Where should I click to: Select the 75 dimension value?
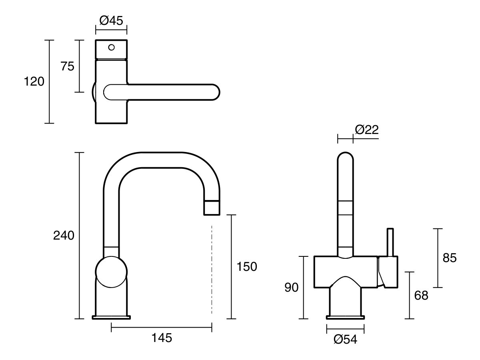coord(67,66)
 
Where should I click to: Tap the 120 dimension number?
coord(34,82)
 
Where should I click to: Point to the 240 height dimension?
coord(64,236)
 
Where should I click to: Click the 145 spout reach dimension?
coord(162,338)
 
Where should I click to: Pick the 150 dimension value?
coord(247,266)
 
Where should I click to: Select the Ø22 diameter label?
coord(366,130)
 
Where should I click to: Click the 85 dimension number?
coord(449,258)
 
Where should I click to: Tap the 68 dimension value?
coord(421,296)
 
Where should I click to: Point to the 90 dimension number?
coord(292,288)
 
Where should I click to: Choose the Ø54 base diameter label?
coord(345,340)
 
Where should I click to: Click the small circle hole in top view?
coord(112,47)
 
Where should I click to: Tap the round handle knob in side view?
coord(112,272)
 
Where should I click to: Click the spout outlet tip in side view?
coord(212,208)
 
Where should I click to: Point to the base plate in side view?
coord(112,318)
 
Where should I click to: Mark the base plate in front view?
coord(345,318)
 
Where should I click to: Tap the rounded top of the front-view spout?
coord(345,157)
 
